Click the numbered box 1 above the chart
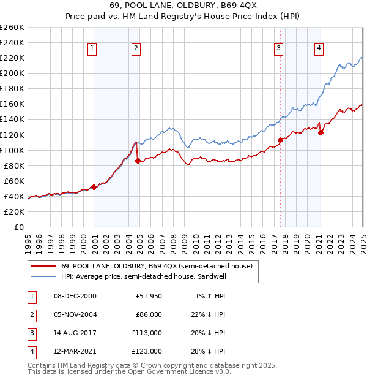[92, 48]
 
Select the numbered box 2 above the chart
[136, 48]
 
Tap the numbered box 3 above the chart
[278, 48]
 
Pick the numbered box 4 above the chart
[319, 48]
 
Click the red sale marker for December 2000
[94, 187]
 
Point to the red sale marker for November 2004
[138, 161]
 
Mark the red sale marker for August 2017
[280, 140]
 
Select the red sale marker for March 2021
[321, 132]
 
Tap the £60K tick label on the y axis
[14, 181]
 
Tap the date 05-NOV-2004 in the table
[75, 314]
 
